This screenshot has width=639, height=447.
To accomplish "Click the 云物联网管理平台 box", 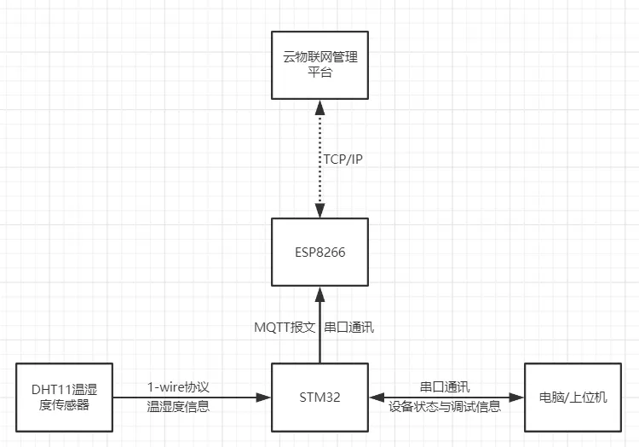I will [x=319, y=65].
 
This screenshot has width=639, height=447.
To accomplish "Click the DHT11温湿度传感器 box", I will [x=64, y=398].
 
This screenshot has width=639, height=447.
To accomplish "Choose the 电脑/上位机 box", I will [x=573, y=398].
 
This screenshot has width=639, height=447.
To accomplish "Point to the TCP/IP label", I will [x=347, y=159].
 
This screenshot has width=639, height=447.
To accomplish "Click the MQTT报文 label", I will [x=285, y=327].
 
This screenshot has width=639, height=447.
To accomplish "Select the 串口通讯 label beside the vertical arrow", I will [x=349, y=327].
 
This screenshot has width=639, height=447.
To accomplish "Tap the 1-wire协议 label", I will [x=177, y=386].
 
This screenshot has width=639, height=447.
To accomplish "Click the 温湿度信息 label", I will [x=177, y=407].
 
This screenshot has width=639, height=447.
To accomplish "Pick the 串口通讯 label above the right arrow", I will [x=445, y=386].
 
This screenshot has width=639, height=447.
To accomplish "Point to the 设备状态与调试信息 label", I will [x=445, y=407].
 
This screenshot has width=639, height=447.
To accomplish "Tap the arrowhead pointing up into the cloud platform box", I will [x=320, y=107].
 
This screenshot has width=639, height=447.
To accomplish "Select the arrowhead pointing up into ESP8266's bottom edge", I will [x=320, y=293].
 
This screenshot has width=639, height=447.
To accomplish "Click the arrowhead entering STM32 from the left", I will [x=264, y=398].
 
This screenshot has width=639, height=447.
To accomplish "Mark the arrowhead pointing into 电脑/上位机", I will [x=516, y=398].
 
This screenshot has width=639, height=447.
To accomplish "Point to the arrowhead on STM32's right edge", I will [x=377, y=398].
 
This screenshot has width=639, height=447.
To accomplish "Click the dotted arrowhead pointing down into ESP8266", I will [x=320, y=212].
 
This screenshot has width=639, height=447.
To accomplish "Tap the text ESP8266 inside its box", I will [x=319, y=252].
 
